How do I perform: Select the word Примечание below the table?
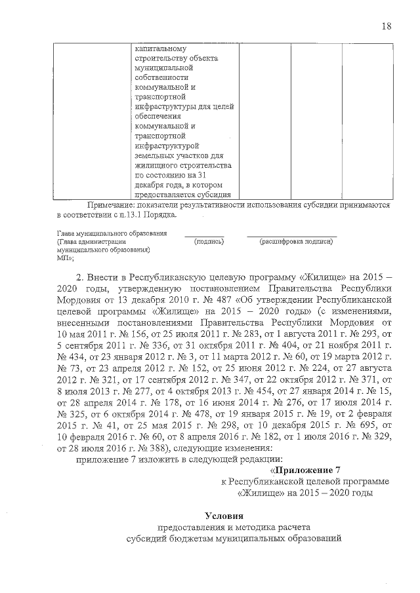pos(106,205)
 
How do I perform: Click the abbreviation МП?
pos(64,258)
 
